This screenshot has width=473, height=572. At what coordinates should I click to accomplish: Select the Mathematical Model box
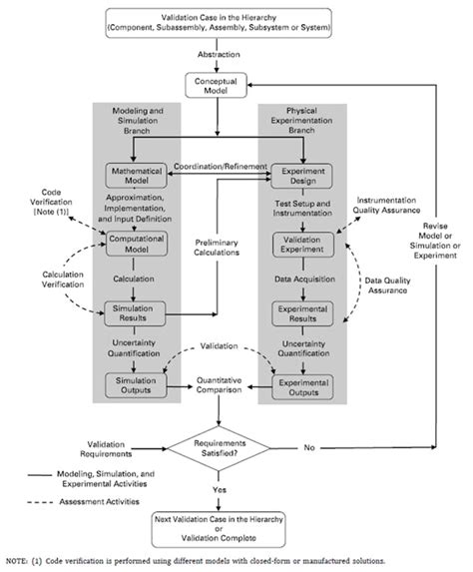click(x=135, y=174)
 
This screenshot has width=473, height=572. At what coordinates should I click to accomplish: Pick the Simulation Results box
click(x=135, y=312)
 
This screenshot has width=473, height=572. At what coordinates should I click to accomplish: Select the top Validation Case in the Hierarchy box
click(x=236, y=24)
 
